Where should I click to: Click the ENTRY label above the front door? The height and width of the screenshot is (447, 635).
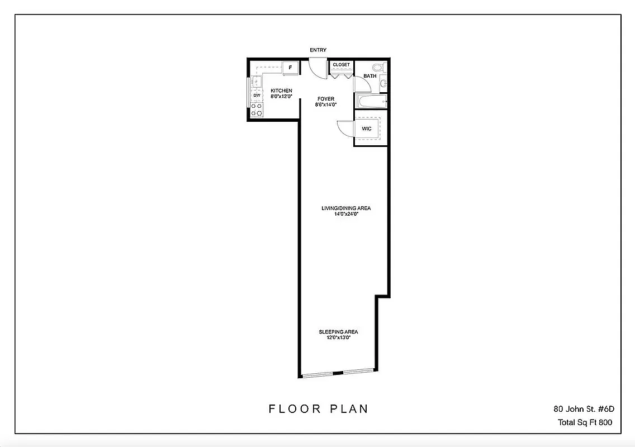[x=318, y=50]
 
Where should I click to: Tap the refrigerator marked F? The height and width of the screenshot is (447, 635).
[x=290, y=68]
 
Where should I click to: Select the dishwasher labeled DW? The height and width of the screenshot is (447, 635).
[x=257, y=96]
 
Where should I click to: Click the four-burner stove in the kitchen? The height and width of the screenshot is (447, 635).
[x=257, y=110]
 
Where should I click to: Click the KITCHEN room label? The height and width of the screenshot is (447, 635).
[x=281, y=91]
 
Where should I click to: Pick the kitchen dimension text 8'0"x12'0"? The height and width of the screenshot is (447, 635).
[x=281, y=97]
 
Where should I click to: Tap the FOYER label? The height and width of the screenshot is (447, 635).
[x=325, y=99]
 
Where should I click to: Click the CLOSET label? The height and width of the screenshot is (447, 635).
[x=341, y=65]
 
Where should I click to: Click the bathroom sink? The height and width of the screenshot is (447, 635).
[x=383, y=84]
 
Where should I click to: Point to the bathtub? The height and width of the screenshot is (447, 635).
[x=372, y=102]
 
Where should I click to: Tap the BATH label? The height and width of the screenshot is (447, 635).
[x=369, y=76]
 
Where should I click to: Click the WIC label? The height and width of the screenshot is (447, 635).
[x=367, y=129]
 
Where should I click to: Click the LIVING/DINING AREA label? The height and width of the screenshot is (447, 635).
[x=345, y=208]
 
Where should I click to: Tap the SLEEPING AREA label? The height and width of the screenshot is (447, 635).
[x=338, y=332]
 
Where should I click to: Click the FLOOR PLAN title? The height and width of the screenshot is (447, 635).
[x=319, y=409]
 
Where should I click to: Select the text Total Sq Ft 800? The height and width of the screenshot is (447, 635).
[x=585, y=422]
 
